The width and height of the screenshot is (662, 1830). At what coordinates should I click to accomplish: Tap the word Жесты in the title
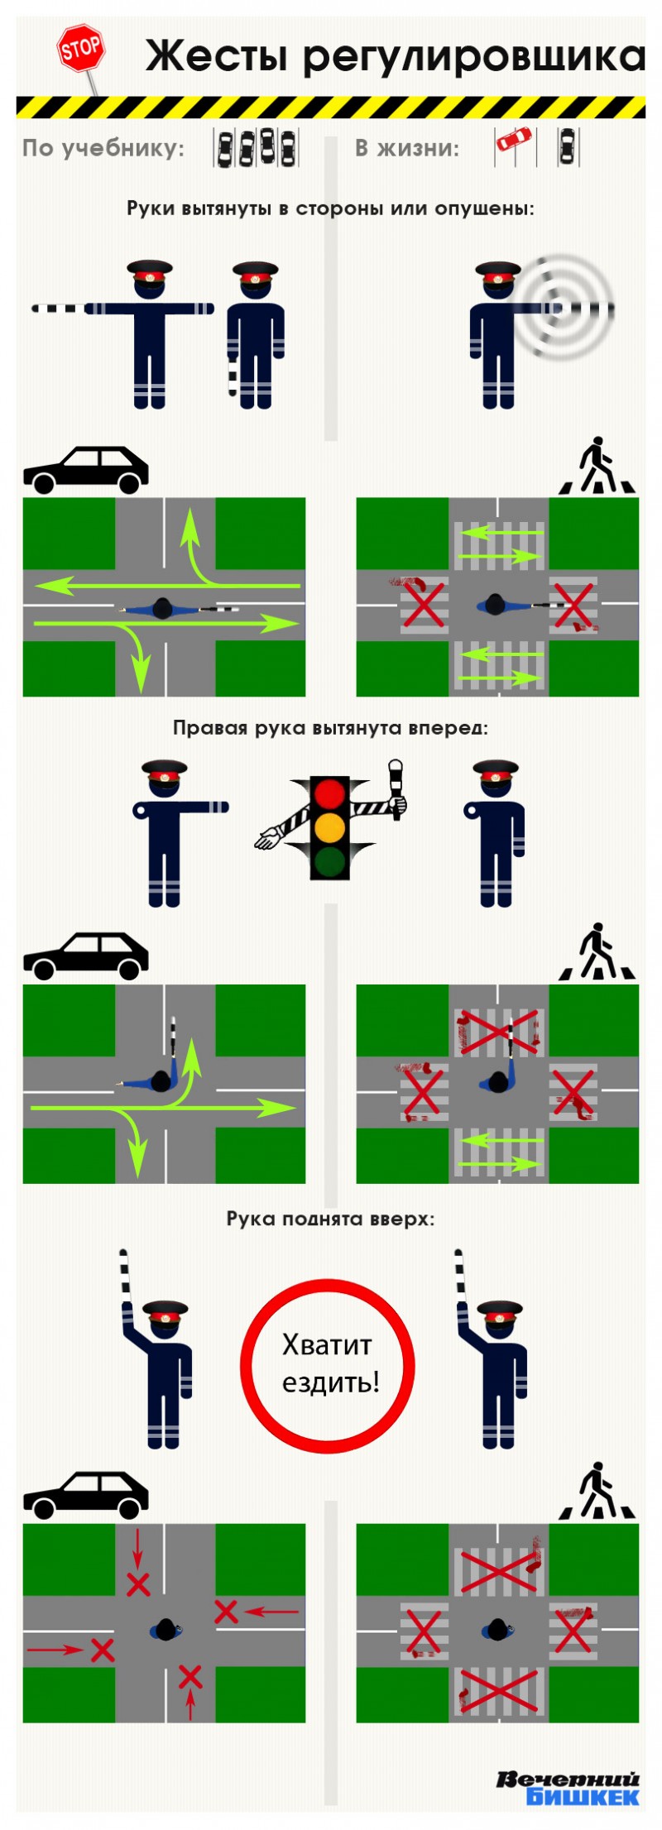(217, 56)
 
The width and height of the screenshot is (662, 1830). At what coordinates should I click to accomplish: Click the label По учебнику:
(103, 149)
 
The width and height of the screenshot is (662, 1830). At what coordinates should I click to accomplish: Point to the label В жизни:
(407, 148)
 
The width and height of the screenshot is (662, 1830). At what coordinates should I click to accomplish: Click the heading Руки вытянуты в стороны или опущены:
(330, 208)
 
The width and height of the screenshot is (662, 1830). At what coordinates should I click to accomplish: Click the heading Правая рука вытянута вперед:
(330, 728)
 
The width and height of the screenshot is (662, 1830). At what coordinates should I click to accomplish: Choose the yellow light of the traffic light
(329, 826)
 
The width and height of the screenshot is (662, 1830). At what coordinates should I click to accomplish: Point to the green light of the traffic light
(329, 860)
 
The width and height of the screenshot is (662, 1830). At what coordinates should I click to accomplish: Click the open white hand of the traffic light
(268, 839)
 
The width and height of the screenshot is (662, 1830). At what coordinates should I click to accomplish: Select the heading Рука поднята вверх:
(330, 1219)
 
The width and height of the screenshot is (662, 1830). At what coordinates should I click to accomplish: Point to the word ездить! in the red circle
(331, 1382)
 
